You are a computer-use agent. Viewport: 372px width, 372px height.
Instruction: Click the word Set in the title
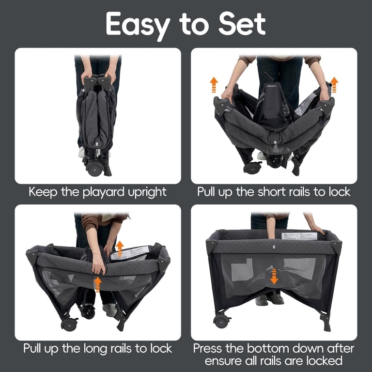pyautogui.click(x=242, y=24)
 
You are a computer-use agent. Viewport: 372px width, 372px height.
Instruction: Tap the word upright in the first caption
pyautogui.click(x=147, y=192)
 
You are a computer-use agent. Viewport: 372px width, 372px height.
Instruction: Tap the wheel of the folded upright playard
pyautogui.click(x=94, y=169)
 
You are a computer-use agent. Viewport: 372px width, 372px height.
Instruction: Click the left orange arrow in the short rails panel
pyautogui.click(x=214, y=84)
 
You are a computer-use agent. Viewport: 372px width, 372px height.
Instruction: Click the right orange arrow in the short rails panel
pyautogui.click(x=334, y=84)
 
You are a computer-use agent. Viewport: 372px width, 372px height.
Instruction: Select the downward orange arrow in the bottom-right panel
pyautogui.click(x=274, y=277)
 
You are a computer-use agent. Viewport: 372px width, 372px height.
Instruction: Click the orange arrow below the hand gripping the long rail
pyautogui.click(x=97, y=284)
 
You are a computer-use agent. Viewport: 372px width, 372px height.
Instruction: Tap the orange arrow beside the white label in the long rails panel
pyautogui.click(x=120, y=248)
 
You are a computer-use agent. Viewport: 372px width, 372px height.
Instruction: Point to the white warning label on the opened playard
pyautogui.click(x=299, y=236)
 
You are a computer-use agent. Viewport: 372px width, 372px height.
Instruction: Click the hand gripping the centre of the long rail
pyautogui.click(x=99, y=266)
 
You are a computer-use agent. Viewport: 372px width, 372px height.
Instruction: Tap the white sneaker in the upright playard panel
pyautogui.click(x=81, y=152)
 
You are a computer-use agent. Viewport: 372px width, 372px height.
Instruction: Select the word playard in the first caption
pyautogui.click(x=104, y=192)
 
